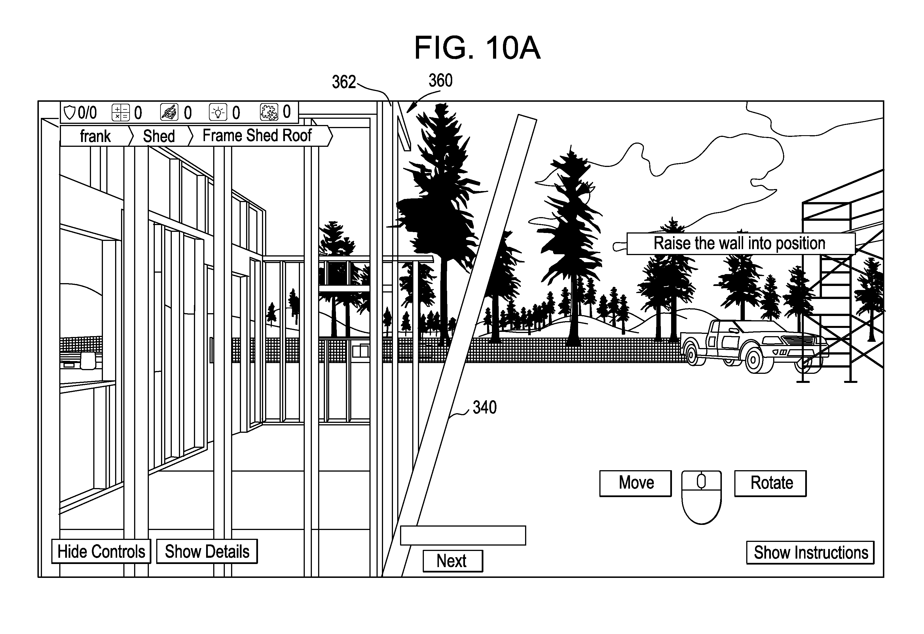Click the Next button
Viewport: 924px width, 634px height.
point(453,561)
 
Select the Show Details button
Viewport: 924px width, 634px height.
point(207,551)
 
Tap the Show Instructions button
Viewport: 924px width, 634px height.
point(810,552)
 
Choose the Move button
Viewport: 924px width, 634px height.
point(635,483)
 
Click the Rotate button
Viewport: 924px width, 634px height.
point(770,483)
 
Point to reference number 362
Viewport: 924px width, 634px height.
point(344,82)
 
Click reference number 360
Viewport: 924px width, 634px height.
point(440,81)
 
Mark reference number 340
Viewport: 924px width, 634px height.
point(484,408)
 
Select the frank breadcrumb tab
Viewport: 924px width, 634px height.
point(95,136)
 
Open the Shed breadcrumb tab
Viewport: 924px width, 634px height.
point(159,136)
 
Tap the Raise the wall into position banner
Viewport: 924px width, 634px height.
point(740,243)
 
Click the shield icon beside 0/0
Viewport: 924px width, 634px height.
point(69,113)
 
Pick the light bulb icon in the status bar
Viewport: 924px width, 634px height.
point(217,113)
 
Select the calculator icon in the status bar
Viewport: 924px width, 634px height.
point(120,113)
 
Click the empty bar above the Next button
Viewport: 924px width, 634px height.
point(463,535)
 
